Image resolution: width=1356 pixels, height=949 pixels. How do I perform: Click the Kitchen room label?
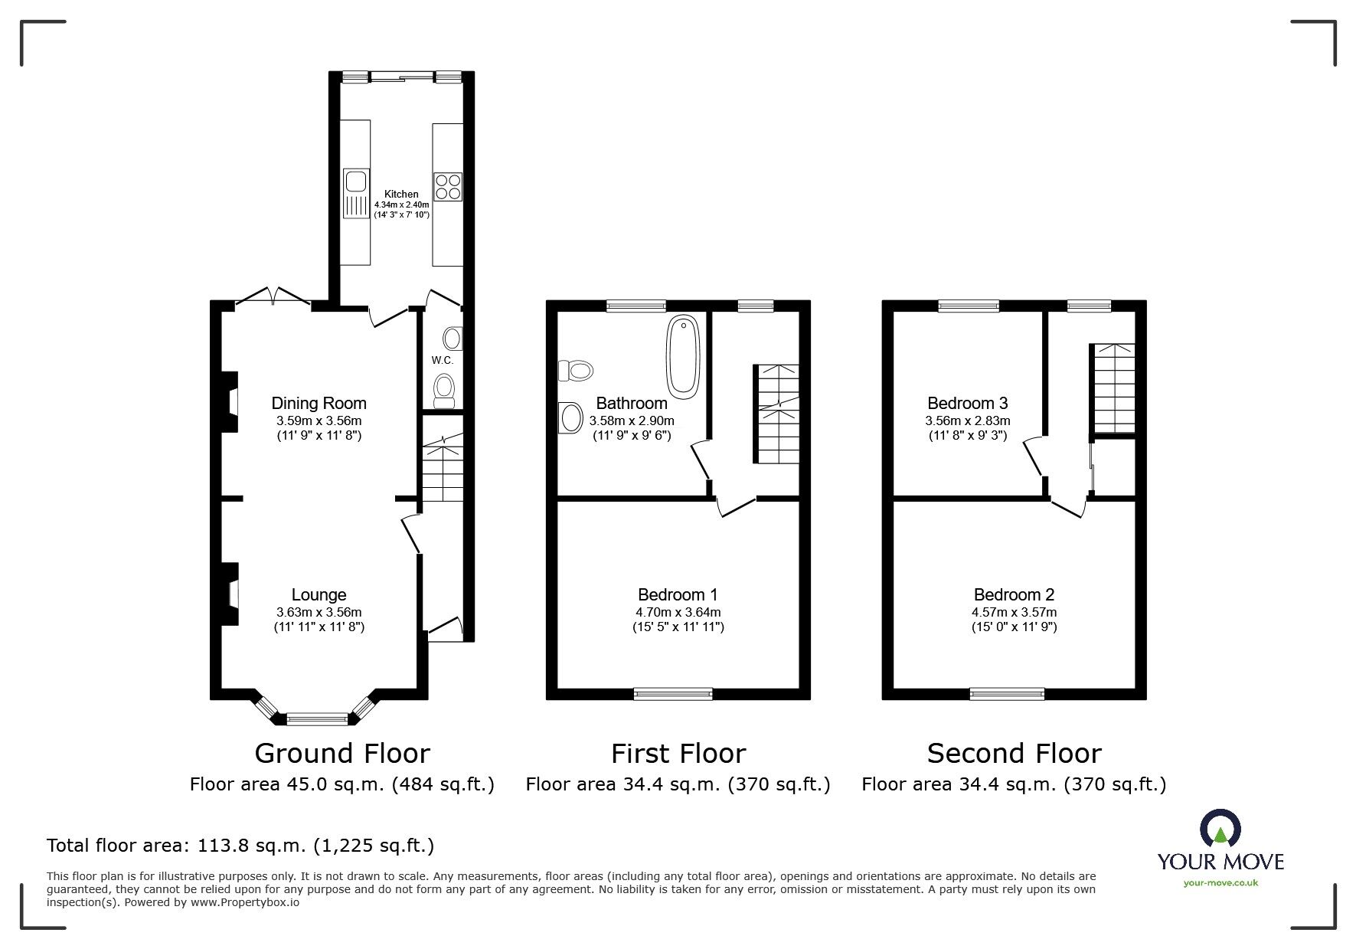pos(401,194)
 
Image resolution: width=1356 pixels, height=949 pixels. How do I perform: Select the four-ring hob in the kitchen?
pos(448,186)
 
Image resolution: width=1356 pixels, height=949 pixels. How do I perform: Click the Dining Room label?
pos(319,403)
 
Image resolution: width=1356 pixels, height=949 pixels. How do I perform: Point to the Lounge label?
pos(319,594)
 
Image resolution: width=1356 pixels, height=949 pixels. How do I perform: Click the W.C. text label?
pos(442,360)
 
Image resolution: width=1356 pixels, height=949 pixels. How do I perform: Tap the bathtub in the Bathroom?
pos(682,357)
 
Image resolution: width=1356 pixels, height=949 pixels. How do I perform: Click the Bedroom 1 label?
pos(678,594)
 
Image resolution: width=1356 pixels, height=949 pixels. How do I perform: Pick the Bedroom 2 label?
pos(1014,594)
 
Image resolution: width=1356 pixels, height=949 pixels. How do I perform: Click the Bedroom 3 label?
pos(967,403)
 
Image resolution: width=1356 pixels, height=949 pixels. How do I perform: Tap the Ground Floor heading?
pos(341,754)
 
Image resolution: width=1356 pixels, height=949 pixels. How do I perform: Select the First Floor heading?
pos(678,754)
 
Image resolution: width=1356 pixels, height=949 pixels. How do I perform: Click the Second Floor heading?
pos(1014,754)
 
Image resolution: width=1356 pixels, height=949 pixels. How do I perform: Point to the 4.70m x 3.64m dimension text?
pos(678,612)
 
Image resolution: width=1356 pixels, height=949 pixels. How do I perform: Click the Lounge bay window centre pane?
pos(317,718)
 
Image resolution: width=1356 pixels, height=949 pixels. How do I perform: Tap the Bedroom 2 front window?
pos(1007,694)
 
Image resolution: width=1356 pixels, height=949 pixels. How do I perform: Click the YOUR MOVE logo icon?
pos(1220,829)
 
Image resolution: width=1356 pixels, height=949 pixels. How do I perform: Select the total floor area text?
pos(240,846)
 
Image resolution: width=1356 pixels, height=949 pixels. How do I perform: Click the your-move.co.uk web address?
pos(1220,883)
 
